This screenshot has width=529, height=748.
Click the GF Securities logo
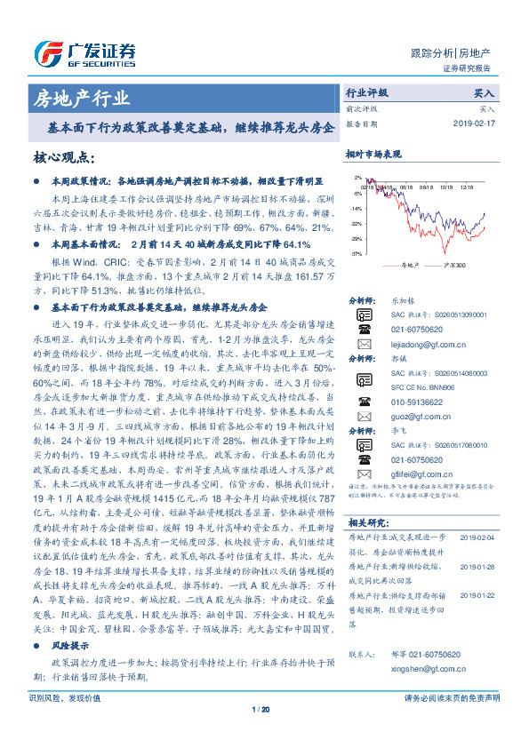(x=84, y=50)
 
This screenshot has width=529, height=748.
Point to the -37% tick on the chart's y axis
(x=357, y=254)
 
